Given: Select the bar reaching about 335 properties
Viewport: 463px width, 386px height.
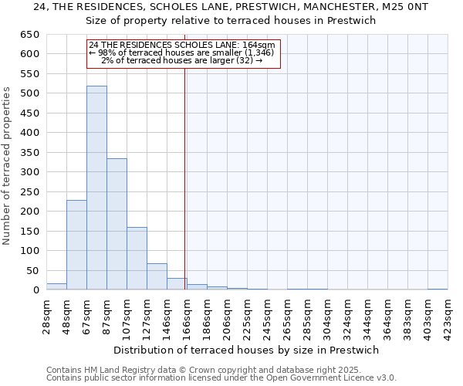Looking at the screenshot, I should (117, 224).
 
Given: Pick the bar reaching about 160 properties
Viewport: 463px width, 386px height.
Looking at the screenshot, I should (137, 259).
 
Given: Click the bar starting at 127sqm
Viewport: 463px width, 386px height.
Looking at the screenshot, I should (157, 276).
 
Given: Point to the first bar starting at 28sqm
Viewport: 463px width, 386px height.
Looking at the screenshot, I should (56, 286).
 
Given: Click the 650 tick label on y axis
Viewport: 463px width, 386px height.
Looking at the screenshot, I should (30, 35).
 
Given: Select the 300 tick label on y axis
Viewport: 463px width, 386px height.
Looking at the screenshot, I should (30, 172).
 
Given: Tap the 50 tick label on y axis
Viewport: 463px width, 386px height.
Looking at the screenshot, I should (33, 270).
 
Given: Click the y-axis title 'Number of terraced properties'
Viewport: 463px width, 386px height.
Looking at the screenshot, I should (7, 166).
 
